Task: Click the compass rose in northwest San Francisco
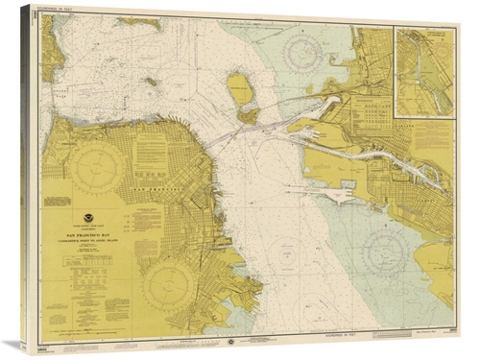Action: click(x=94, y=168)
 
